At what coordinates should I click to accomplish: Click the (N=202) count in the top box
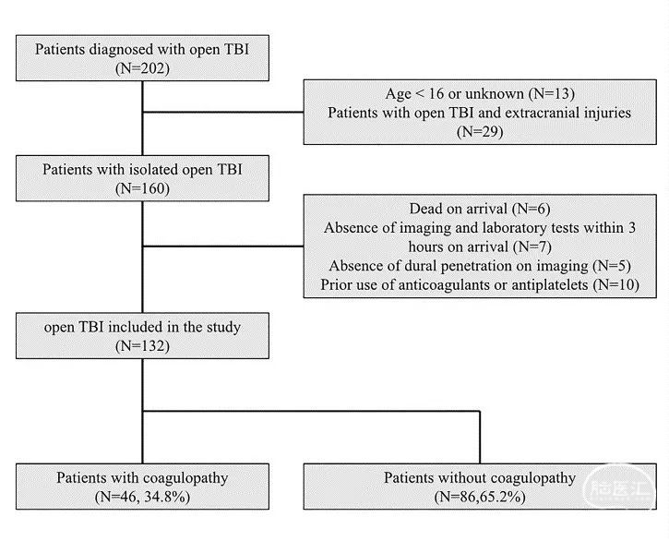click(142, 68)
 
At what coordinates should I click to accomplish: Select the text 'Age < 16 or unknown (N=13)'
click(480, 93)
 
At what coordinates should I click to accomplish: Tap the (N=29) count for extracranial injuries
click(480, 131)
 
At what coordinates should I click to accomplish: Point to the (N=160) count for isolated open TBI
click(142, 188)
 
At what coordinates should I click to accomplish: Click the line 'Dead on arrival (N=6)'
click(480, 209)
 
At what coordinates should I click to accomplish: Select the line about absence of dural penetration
click(480, 266)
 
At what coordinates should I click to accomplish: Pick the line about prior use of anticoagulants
click(480, 284)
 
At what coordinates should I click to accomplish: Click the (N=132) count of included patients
click(142, 346)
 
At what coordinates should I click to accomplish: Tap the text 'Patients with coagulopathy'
click(142, 478)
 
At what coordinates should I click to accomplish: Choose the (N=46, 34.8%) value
click(142, 497)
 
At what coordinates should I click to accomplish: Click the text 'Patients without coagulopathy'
click(480, 478)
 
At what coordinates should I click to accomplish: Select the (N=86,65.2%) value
click(480, 497)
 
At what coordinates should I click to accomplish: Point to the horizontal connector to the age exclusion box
click(223, 113)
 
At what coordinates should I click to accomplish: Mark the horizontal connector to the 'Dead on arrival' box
click(223, 246)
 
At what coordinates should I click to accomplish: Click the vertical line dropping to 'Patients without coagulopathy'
click(480, 438)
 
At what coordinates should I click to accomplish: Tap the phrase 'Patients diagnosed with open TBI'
click(142, 50)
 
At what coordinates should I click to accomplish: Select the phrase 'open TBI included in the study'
click(142, 327)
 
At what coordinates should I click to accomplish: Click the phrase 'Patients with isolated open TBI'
click(142, 170)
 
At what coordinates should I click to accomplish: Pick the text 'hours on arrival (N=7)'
click(480, 246)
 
